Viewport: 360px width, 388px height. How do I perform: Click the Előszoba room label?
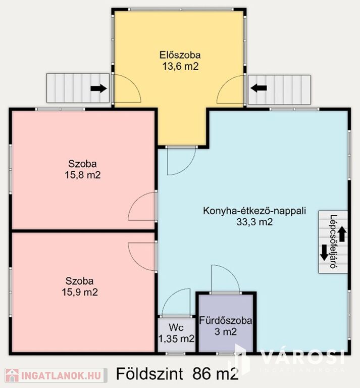(x=180, y=55)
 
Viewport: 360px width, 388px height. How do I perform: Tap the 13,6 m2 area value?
(x=180, y=66)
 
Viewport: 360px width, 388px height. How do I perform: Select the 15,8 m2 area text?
(x=83, y=175)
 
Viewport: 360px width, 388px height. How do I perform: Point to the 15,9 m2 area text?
(x=80, y=292)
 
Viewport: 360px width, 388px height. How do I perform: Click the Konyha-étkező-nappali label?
(x=254, y=211)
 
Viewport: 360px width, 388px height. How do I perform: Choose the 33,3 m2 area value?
(x=254, y=222)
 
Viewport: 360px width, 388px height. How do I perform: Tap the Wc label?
(x=176, y=327)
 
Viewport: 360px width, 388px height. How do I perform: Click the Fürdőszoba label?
(x=226, y=321)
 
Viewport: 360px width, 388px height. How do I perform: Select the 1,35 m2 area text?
(x=176, y=338)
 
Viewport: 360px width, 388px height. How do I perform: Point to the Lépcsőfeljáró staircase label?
(x=334, y=242)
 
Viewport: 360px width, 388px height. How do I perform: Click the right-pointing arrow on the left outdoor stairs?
(x=98, y=88)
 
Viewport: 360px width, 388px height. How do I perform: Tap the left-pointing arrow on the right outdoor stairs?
(x=259, y=88)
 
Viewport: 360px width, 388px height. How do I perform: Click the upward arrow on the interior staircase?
(x=342, y=233)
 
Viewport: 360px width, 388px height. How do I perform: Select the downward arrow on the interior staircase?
(x=324, y=253)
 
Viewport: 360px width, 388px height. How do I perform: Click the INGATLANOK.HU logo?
(x=55, y=375)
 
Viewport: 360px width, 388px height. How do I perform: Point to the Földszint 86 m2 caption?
(x=178, y=374)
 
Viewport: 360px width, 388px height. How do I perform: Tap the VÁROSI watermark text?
(x=302, y=357)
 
